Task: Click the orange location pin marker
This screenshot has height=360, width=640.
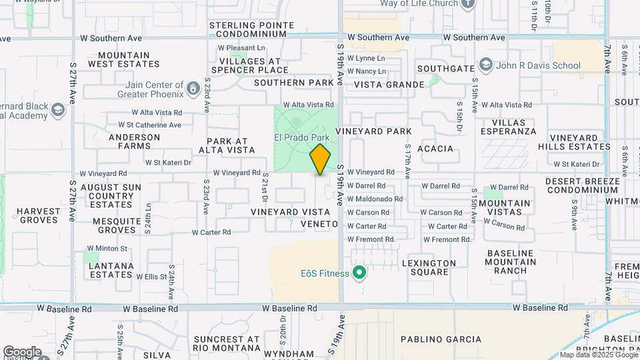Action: [x=320, y=159]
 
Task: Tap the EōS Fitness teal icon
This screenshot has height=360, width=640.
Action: [x=360, y=273]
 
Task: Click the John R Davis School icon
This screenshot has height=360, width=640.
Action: [x=485, y=65]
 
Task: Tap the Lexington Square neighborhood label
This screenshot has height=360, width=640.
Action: [x=429, y=263]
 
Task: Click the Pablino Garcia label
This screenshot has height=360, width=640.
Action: [x=441, y=339]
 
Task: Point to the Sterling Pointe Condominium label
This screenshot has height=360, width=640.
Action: [x=251, y=29]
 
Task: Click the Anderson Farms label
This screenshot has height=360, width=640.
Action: [x=134, y=142]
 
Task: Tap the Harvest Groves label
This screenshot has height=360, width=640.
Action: [x=39, y=216]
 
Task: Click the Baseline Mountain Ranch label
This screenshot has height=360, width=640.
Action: [x=520, y=262]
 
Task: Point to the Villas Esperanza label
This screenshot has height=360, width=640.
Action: [x=523, y=127]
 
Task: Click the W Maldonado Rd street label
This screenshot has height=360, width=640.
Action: [x=375, y=199]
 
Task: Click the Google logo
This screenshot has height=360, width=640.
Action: [x=22, y=351]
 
